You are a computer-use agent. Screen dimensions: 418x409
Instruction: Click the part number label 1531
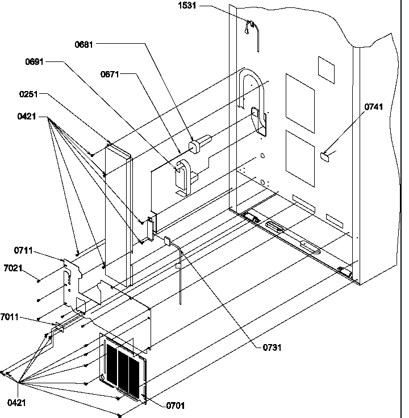(x=188, y=7)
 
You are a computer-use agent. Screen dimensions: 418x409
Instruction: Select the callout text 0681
(x=84, y=44)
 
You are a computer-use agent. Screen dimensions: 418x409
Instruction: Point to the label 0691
(x=35, y=61)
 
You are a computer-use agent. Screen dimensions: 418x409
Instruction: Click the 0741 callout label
(x=374, y=107)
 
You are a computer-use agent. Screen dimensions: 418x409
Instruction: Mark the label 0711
(x=23, y=249)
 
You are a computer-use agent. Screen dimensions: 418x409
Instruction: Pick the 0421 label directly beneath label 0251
(x=27, y=117)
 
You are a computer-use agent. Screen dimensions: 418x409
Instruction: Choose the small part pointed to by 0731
(x=168, y=241)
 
